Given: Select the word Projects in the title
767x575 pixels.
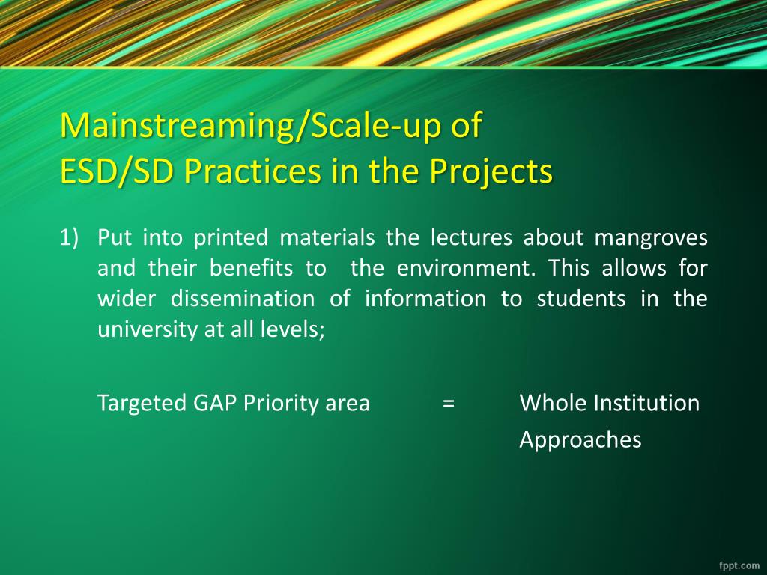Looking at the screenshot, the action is pyautogui.click(x=491, y=172).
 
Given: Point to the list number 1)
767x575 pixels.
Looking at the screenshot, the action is pyautogui.click(x=69, y=237).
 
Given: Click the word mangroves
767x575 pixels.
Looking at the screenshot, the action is pyautogui.click(x=651, y=238).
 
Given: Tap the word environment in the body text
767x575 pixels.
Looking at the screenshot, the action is pyautogui.click(x=466, y=268).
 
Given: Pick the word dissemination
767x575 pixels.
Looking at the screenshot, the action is pyautogui.click(x=243, y=298).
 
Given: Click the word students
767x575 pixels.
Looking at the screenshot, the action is pyautogui.click(x=581, y=298).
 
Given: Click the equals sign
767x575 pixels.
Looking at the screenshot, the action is pyautogui.click(x=449, y=404).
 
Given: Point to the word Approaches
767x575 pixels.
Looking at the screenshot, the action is pyautogui.click(x=580, y=440).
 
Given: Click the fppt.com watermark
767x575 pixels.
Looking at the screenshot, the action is pyautogui.click(x=739, y=565).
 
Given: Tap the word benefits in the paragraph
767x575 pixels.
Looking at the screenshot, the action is pyautogui.click(x=251, y=268).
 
